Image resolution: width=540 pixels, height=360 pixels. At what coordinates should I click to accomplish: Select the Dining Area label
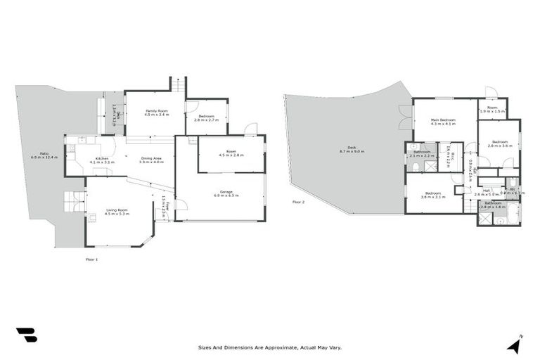coord(151,160)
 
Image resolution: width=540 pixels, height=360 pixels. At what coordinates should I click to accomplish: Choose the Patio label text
coord(44,155)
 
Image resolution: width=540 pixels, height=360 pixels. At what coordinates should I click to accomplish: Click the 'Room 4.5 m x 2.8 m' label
coord(231,153)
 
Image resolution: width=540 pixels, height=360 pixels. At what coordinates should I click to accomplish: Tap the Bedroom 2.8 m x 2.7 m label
coord(207,117)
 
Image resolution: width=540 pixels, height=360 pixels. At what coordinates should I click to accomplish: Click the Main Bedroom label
coord(444,122)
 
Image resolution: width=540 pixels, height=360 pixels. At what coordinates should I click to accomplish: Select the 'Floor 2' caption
coord(299,202)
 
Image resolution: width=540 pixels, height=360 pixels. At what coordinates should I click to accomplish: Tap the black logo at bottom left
coord(26,335)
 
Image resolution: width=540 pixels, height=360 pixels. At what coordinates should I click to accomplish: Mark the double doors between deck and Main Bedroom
coord(404,117)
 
